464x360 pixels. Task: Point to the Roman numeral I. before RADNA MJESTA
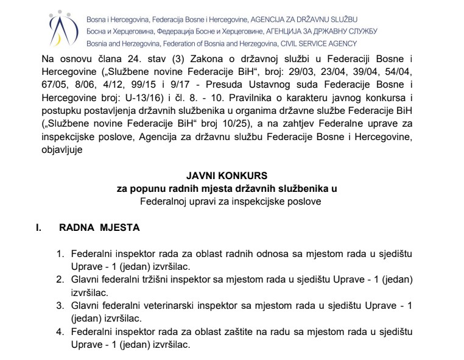(x=40, y=228)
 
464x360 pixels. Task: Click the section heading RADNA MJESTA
(x=99, y=228)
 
